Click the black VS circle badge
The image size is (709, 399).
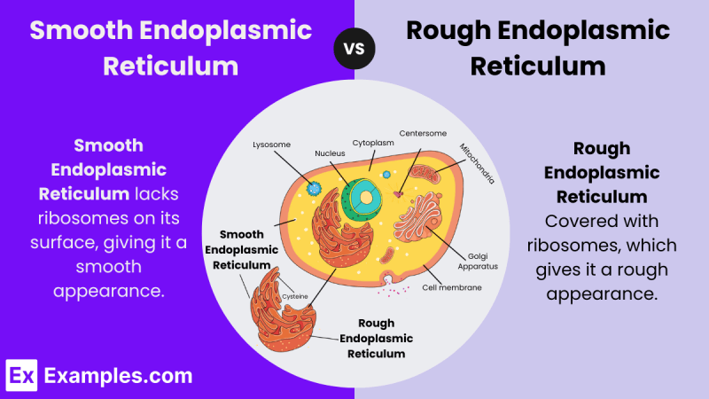pos(354,49)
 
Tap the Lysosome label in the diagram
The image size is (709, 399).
pos(271,145)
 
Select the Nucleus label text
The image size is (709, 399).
pos(330,153)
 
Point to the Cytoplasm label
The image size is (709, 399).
pos(373,143)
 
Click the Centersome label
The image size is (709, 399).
pos(423,134)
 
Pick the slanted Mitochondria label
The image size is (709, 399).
pos(477,163)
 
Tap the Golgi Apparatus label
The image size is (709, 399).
pos(478,262)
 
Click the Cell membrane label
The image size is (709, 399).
pos(452,287)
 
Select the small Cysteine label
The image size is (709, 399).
pos(295,297)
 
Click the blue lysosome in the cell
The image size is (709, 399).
pos(314,188)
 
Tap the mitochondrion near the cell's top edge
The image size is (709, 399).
pos(425,174)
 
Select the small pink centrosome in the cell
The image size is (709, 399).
pos(398,194)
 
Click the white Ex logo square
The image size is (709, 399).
pos(21,375)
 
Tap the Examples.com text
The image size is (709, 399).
pos(119,376)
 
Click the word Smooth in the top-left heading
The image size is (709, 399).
pos(82,30)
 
